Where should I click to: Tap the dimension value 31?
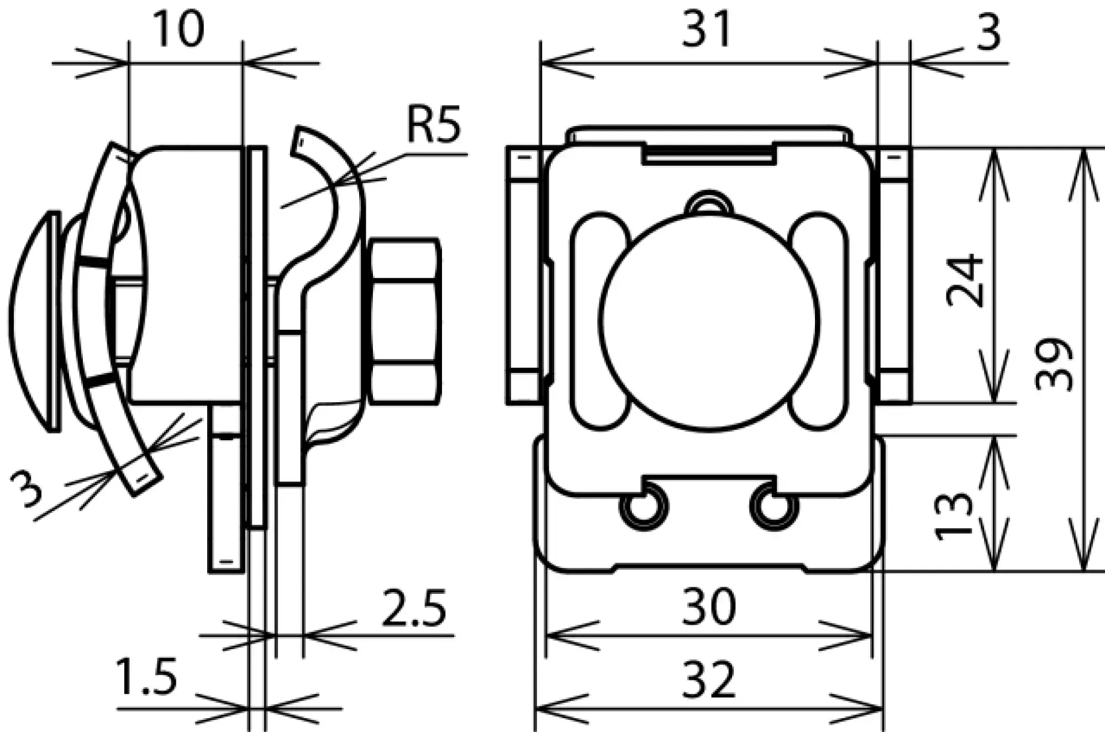click(707, 29)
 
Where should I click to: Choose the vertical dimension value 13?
click(953, 516)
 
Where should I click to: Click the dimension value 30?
click(709, 607)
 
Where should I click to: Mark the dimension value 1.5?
click(147, 677)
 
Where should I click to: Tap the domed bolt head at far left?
click(33, 320)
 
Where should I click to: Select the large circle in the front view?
click(709, 322)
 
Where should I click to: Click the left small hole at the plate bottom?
click(644, 505)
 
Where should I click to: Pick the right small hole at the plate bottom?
click(774, 505)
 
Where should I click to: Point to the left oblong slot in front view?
click(600, 320)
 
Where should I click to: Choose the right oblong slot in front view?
click(818, 320)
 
